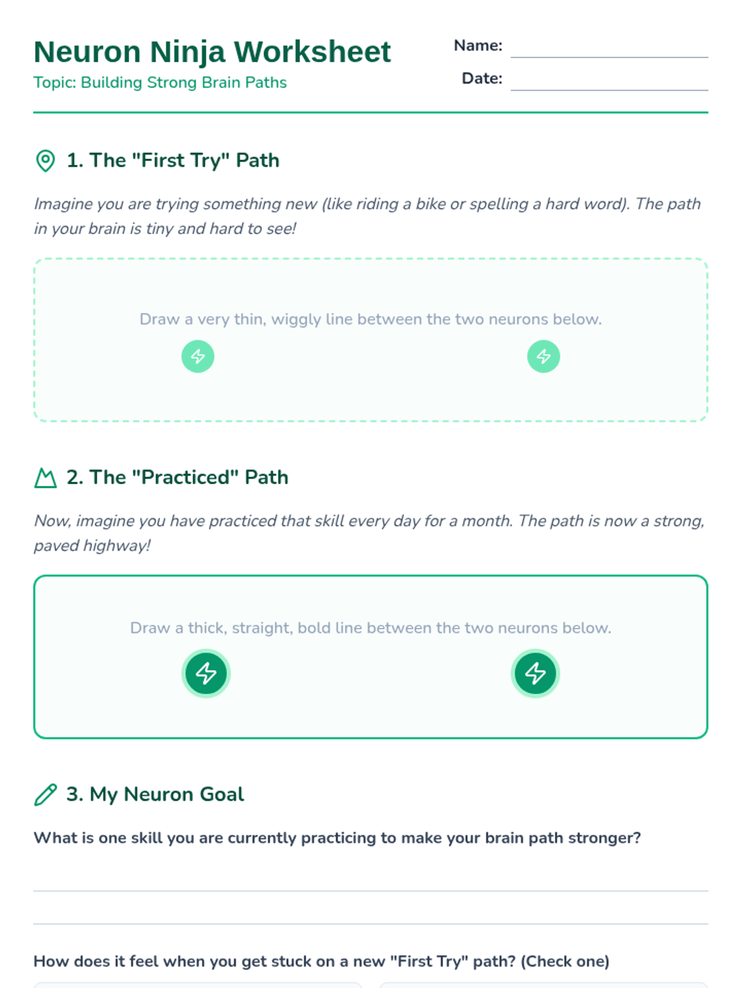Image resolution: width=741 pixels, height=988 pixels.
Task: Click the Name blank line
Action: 609,57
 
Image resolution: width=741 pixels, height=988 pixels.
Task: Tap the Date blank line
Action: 609,90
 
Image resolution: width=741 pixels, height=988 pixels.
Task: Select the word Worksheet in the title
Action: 312,52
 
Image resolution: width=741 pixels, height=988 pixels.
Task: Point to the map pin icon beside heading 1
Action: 45,161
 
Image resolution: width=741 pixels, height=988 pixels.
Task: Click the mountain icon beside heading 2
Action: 46,477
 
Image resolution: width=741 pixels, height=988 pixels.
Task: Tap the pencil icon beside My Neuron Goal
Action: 46,795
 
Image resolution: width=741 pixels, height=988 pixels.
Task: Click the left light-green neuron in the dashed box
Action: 198,356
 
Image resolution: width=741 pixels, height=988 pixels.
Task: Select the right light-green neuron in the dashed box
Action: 543,356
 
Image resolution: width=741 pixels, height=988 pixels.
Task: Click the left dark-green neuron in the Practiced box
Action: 206,673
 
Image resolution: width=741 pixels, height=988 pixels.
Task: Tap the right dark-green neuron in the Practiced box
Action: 535,673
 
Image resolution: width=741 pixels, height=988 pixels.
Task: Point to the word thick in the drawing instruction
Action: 207,628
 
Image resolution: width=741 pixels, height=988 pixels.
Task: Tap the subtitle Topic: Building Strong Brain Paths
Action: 160,83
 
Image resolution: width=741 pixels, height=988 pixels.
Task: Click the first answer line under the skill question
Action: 371,891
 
